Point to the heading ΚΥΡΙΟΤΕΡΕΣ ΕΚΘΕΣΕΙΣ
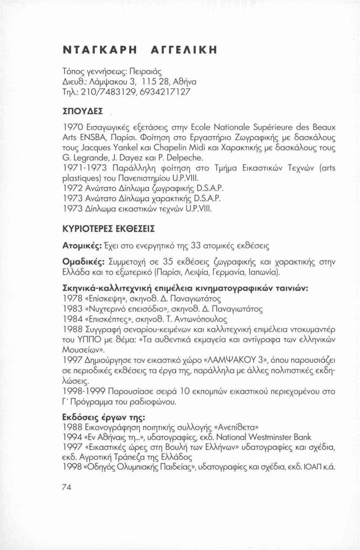point(109,230)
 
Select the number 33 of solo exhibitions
point(197,246)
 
